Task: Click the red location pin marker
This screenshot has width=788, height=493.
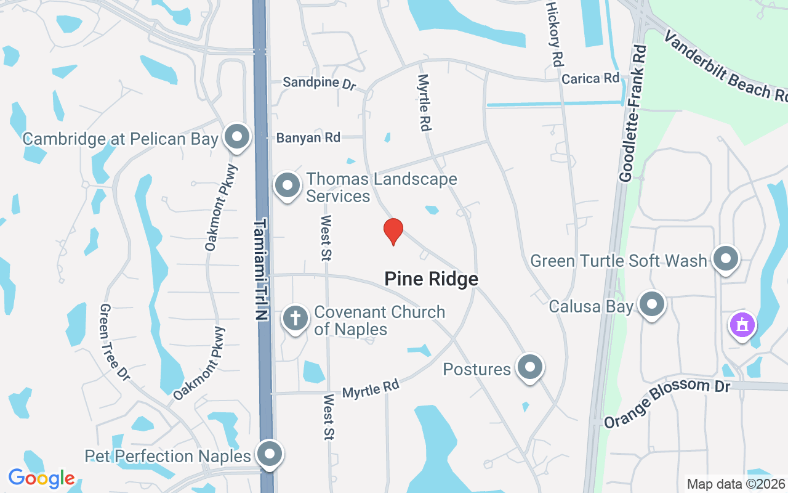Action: point(393,231)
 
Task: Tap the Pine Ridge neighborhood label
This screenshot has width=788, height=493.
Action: point(431,279)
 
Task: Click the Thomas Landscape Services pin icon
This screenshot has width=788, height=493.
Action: point(287,185)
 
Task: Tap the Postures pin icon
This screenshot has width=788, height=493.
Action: point(529,367)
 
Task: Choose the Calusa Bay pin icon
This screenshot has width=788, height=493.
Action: point(652,304)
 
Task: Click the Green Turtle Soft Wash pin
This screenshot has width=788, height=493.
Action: point(726,259)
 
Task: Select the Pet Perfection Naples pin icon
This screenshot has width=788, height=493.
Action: point(269,455)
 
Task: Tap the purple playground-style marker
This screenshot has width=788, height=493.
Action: point(742,325)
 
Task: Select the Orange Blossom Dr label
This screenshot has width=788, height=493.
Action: point(666,402)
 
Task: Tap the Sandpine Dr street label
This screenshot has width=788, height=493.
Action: point(319,83)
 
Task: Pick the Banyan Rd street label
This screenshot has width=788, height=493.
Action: point(308,138)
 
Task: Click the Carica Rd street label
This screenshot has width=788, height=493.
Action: point(590,78)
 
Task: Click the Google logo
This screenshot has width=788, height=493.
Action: point(41,478)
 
